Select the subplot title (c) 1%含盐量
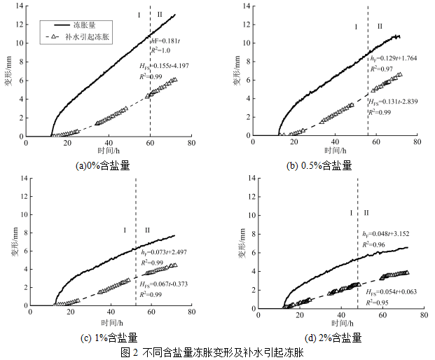(x=105, y=338)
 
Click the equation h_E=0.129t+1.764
(x=394, y=58)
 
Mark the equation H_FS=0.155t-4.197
(x=169, y=65)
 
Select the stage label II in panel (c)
(x=146, y=230)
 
